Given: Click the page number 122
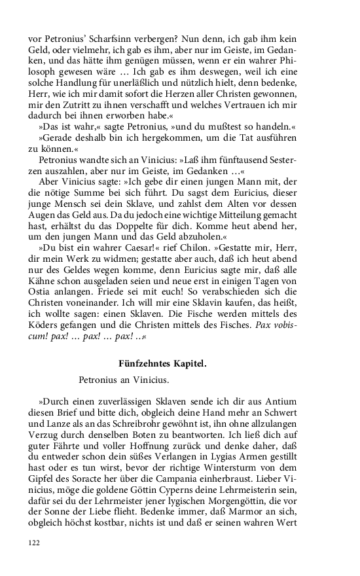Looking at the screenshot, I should point(35,560).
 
